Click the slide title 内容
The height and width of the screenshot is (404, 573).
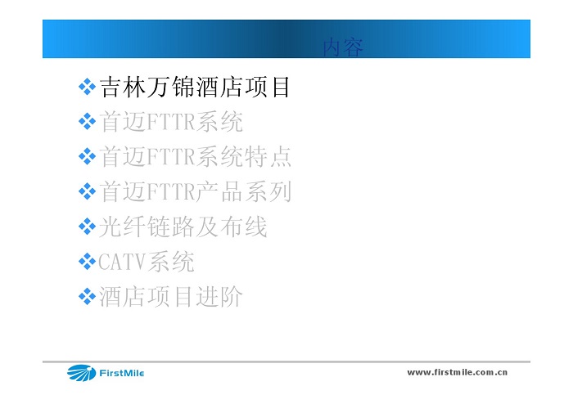[343, 47]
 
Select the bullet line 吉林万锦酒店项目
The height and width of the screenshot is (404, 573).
[195, 88]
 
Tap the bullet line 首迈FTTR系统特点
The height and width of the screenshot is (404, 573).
[195, 157]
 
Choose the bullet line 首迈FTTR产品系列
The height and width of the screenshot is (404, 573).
[195, 191]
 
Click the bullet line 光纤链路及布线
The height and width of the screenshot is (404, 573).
[183, 227]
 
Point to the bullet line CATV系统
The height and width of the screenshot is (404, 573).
[147, 262]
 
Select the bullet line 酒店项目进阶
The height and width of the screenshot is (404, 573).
[170, 296]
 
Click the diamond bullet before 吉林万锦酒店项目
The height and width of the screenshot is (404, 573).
[87, 87]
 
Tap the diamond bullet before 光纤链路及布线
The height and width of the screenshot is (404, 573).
[87, 227]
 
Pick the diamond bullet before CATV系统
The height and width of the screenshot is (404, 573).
[87, 262]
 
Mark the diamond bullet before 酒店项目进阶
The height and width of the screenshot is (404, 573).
[87, 296]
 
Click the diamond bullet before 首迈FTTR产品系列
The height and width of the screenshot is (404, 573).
[87, 191]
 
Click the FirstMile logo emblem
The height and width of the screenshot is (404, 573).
[81, 373]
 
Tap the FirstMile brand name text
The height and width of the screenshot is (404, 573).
[122, 374]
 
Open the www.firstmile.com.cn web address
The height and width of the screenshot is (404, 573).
[457, 372]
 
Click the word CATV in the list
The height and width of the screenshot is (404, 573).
[123, 262]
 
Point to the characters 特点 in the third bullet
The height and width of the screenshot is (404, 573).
[268, 157]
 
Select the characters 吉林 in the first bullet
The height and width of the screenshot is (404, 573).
[123, 88]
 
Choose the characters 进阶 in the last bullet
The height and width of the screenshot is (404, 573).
[219, 296]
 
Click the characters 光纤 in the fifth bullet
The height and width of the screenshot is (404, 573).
[122, 227]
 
